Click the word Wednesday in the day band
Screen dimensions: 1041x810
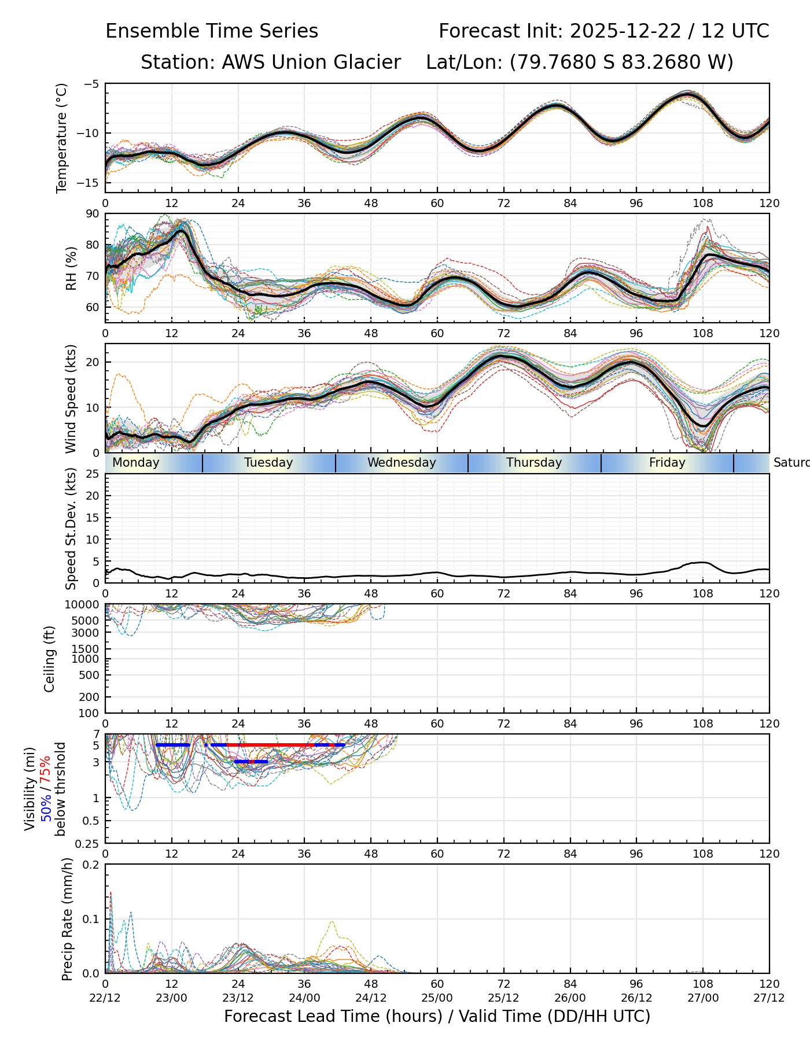click(402, 463)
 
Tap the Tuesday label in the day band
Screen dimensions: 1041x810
click(268, 463)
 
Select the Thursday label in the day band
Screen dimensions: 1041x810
click(534, 463)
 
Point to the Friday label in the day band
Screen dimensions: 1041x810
click(667, 463)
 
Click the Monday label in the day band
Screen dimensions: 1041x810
click(136, 463)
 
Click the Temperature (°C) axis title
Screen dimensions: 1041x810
click(62, 138)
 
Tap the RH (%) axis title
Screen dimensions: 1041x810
click(71, 268)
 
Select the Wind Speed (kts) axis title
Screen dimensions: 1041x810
click(71, 398)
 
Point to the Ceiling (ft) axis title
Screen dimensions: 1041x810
click(50, 659)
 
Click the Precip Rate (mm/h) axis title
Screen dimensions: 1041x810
click(67, 918)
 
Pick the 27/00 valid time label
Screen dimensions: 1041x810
click(703, 998)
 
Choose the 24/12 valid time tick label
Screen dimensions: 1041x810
click(371, 998)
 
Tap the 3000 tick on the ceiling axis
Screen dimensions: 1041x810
click(87, 633)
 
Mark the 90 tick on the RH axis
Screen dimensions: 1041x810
click(93, 214)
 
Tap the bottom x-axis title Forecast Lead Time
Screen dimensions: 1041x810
click(437, 1017)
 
